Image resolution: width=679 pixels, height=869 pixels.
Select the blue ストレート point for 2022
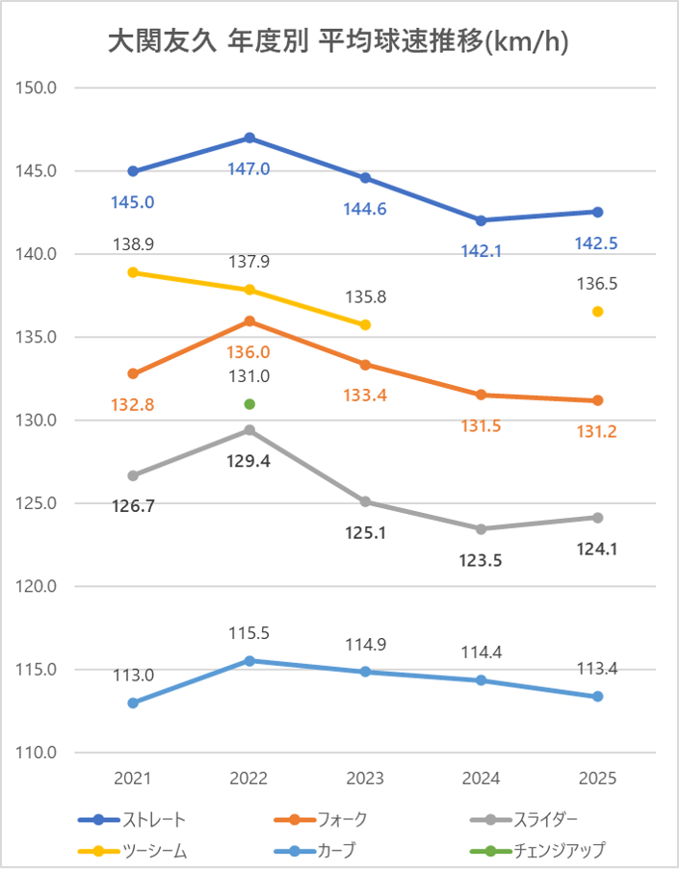[x=249, y=138]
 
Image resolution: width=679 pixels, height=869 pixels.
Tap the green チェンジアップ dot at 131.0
[x=249, y=404]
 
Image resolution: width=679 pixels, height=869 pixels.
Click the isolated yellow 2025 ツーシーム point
[x=597, y=312]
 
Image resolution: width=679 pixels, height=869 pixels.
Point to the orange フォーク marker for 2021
[x=133, y=373]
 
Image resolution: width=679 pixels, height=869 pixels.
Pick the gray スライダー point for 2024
[x=482, y=528]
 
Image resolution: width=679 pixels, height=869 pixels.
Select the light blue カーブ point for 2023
[x=365, y=672]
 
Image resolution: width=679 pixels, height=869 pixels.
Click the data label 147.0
[x=249, y=168]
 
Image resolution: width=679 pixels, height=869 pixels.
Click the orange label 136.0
[x=249, y=352]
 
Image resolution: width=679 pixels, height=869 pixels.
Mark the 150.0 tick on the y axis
[x=39, y=88]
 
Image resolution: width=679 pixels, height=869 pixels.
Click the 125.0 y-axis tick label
[x=39, y=503]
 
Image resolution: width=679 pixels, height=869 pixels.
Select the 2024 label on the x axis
[x=482, y=778]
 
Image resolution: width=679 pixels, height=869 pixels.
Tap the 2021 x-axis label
[x=133, y=778]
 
